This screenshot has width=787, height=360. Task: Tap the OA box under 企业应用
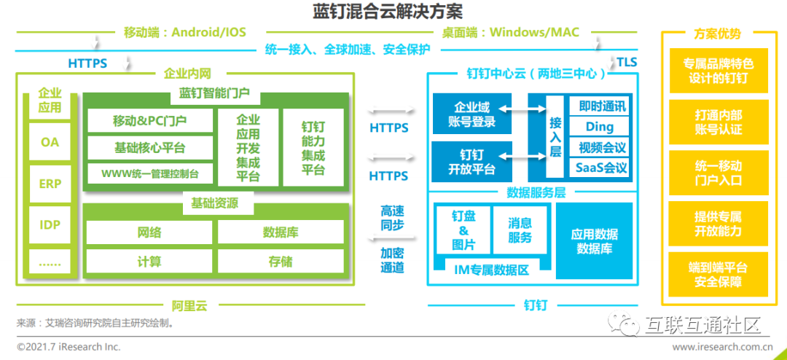[x=50, y=142]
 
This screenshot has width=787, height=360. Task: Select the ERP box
[x=50, y=184]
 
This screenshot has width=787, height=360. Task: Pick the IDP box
[x=50, y=224]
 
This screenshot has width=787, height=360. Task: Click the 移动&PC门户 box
[x=149, y=120]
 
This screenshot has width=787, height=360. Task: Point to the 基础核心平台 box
[x=149, y=147]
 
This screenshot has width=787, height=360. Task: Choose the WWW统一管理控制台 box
[x=149, y=174]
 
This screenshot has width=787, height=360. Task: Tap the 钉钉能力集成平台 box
[x=313, y=148]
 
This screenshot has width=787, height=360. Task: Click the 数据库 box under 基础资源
[x=281, y=232]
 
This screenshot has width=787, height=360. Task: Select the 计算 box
[x=149, y=261]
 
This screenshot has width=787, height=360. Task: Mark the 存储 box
[x=281, y=261]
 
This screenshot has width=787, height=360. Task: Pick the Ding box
[x=600, y=127]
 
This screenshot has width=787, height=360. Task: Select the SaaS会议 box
[x=600, y=168]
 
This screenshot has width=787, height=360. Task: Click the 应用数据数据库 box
[x=594, y=241]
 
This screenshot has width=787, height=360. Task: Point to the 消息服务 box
[x=520, y=230]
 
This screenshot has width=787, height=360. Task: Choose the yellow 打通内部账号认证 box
[x=718, y=122]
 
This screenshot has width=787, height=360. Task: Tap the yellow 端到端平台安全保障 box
[x=718, y=273]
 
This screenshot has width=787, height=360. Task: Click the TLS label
[x=627, y=62]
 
